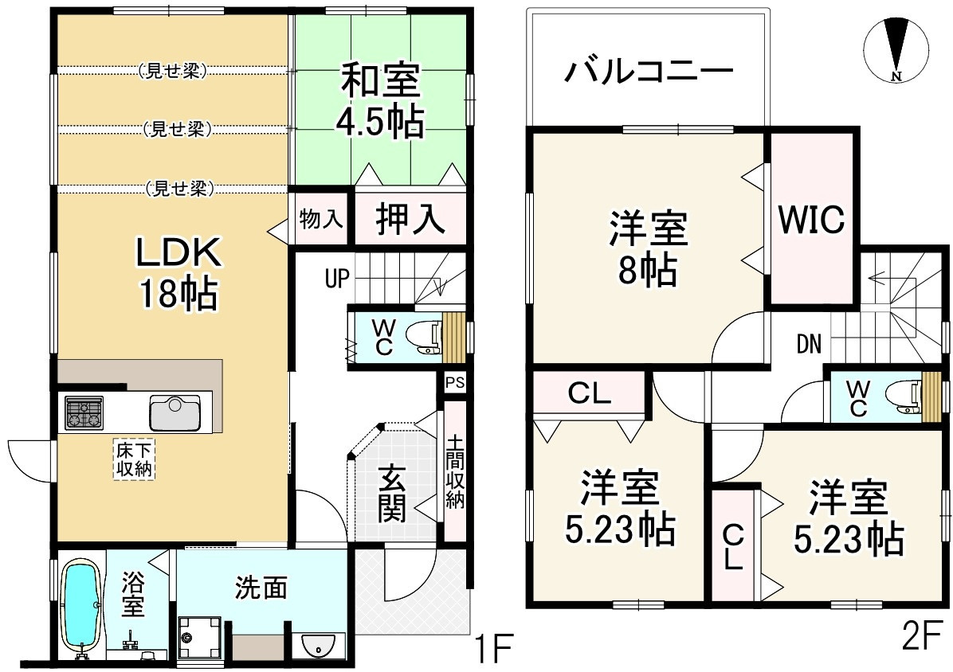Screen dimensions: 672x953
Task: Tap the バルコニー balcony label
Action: click(x=649, y=72)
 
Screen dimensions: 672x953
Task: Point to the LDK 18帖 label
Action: click(x=177, y=273)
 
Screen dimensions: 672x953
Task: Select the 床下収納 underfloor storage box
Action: click(x=132, y=459)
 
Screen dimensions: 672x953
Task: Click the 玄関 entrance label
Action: click(x=391, y=493)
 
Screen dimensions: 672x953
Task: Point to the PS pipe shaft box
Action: click(x=455, y=383)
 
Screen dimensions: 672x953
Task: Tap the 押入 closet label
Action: click(x=410, y=219)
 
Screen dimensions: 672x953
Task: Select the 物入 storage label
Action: click(x=320, y=219)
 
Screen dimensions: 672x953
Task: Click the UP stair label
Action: click(x=337, y=279)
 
